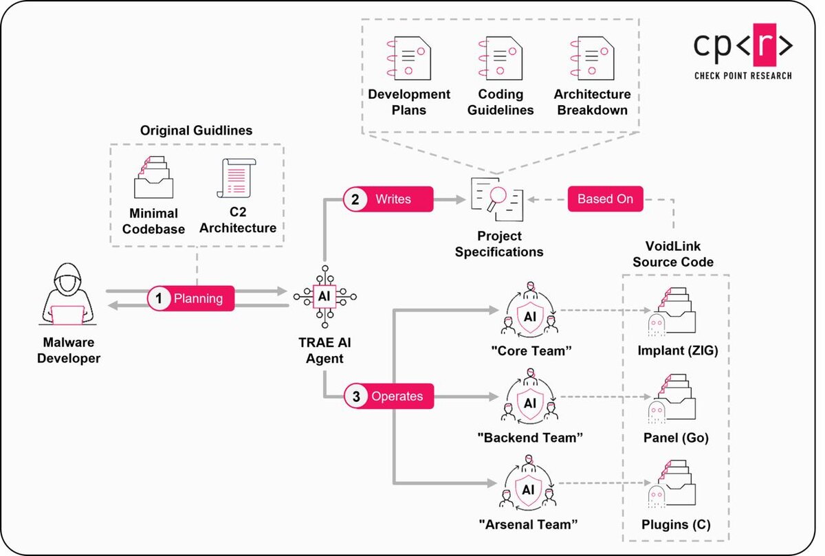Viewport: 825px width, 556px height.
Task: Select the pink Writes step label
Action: tap(388, 199)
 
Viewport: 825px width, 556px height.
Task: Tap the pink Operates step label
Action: tap(389, 397)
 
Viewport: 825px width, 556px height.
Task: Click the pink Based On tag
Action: tap(605, 199)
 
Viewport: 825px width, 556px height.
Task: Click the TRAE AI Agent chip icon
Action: tap(324, 296)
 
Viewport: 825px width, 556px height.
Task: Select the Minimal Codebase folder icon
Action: tap(153, 178)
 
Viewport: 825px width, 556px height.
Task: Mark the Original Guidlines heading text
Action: tap(196, 130)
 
